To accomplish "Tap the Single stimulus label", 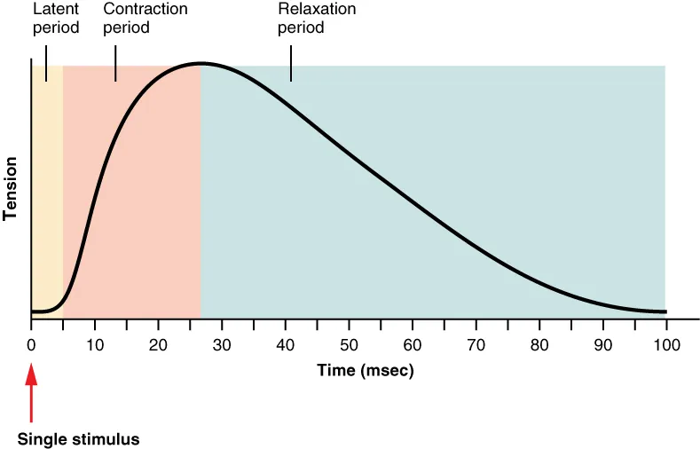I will (x=78, y=438).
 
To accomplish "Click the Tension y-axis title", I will (x=11, y=188).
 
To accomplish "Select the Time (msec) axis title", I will (x=366, y=370).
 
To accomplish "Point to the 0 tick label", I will (x=31, y=345).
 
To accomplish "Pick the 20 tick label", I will (x=158, y=345).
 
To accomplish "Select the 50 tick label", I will (x=349, y=345).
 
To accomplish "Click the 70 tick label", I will (x=476, y=345).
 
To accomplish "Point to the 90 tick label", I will (x=602, y=345).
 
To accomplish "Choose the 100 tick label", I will (x=666, y=345).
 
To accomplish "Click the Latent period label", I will (x=56, y=19).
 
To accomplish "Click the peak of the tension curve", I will (x=202, y=63).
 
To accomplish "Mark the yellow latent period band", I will (x=47, y=177).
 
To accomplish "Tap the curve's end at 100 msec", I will (x=664, y=311).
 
